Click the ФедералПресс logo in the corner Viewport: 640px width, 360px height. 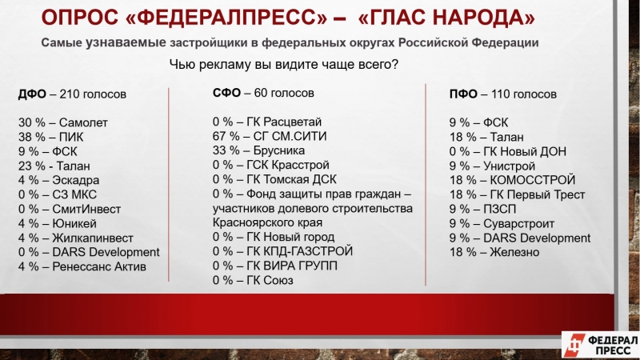click(x=601, y=345)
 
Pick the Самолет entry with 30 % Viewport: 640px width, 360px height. click(x=63, y=123)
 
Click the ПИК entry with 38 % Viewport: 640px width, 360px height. click(x=50, y=137)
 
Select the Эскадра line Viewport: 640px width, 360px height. click(x=58, y=180)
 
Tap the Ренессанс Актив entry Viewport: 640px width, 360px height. click(x=82, y=266)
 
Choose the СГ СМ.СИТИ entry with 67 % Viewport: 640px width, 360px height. click(x=270, y=136)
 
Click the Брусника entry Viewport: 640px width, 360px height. click(x=258, y=150)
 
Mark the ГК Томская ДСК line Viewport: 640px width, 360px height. click(x=274, y=179)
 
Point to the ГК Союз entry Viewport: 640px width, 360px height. click(x=253, y=280)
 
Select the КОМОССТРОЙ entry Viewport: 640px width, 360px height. click(x=512, y=180)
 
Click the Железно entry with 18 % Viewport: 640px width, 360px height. click(x=494, y=252)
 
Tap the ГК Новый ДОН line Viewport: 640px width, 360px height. click(x=508, y=151)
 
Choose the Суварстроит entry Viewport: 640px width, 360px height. click(x=502, y=224)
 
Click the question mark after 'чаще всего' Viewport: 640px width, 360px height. click(x=394, y=64)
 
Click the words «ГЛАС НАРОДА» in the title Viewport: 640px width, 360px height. click(x=446, y=17)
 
